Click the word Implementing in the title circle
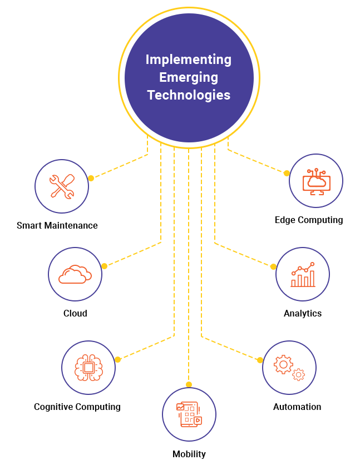pos(189,60)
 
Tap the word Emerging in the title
pos(189,77)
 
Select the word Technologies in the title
pos(189,95)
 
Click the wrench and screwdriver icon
pos(62,186)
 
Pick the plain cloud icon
pos(75,274)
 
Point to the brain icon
pos(88,367)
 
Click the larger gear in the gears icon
pos(283,365)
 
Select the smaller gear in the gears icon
pos(299,374)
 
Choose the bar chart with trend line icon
pos(303,274)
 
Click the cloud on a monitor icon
pos(316,181)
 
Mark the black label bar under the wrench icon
pos(57,225)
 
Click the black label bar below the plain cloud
pos(75,313)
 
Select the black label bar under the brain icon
pos(77,408)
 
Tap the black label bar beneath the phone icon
pos(189,455)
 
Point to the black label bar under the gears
pos(297,407)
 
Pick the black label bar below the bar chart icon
pos(303,314)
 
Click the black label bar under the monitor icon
pos(309,221)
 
